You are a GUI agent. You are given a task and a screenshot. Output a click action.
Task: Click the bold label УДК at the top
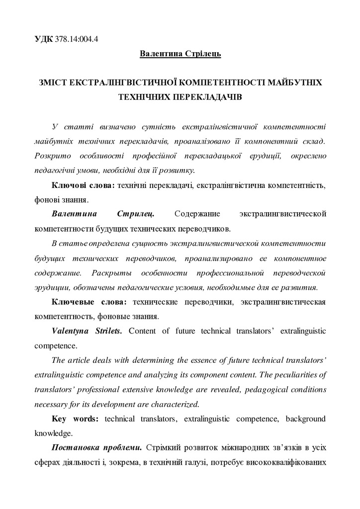coord(44,40)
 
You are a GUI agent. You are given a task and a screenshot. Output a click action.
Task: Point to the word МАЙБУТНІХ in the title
coord(295,82)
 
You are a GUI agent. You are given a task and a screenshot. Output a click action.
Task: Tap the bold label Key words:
coord(75,419)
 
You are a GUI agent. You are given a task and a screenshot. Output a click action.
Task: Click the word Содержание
coord(196,214)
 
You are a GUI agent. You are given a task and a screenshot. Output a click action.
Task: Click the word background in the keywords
coord(303,419)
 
